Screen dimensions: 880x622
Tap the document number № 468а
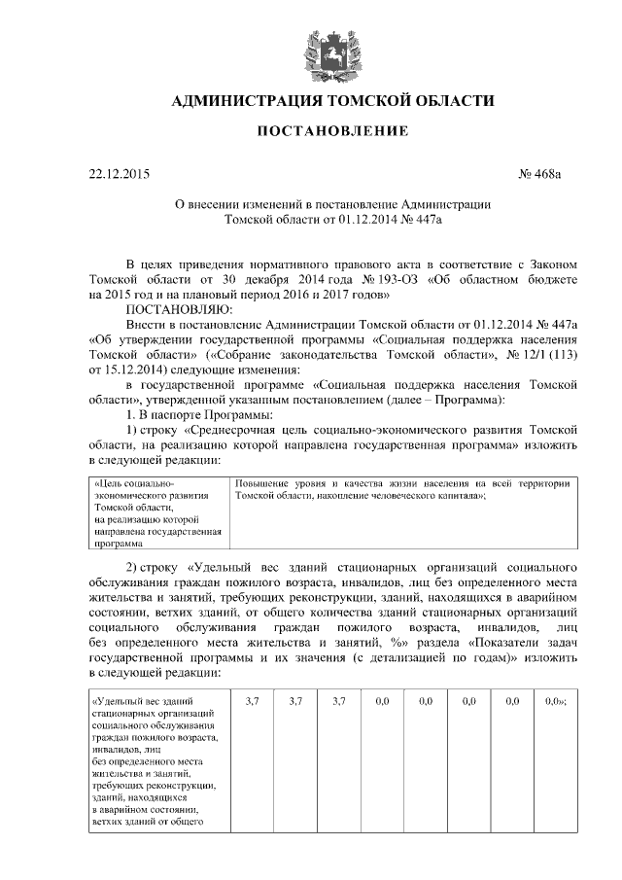pyautogui.click(x=540, y=174)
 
